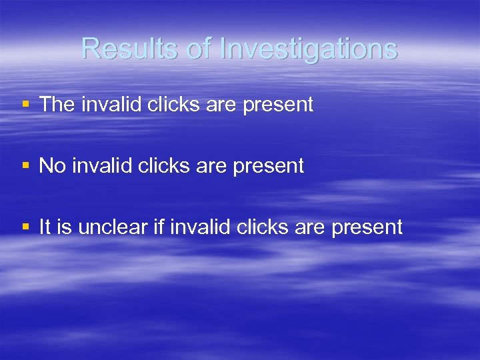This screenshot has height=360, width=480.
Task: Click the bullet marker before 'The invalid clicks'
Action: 25,104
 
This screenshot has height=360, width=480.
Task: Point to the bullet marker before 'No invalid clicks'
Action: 25,165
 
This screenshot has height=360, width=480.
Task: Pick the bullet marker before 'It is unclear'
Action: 25,227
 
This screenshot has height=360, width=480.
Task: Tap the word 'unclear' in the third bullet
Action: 115,227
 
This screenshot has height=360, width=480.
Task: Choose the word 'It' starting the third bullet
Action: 45,227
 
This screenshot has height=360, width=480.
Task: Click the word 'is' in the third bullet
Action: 65,227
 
